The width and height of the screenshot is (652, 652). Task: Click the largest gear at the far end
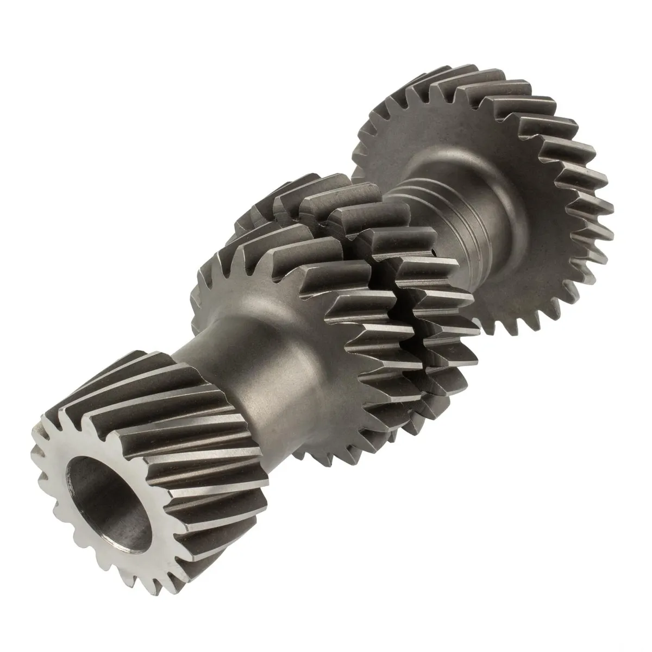522,179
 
